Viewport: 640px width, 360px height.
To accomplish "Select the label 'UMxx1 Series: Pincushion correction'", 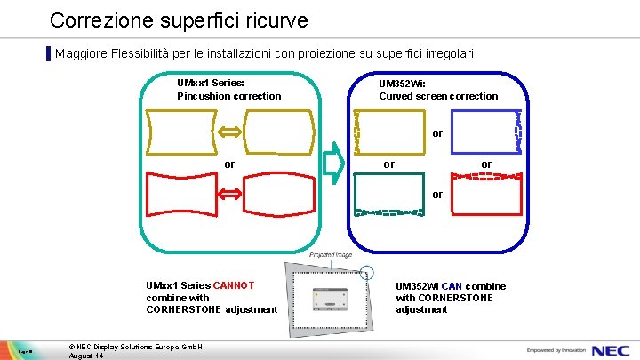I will [228, 89].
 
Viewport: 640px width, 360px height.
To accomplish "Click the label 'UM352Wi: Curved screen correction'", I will [438, 89].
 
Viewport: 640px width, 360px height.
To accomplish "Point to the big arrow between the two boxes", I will [332, 164].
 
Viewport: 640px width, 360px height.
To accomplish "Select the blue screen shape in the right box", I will [484, 132].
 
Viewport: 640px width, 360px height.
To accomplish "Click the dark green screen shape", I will [388, 195].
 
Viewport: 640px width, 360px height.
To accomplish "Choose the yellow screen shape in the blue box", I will [388, 132].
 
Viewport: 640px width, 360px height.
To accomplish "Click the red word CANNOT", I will [234, 285].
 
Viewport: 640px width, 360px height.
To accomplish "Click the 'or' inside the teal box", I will [229, 164].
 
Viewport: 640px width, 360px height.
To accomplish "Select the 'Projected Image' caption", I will [330, 255].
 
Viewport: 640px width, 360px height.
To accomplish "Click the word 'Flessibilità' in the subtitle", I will [144, 53].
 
